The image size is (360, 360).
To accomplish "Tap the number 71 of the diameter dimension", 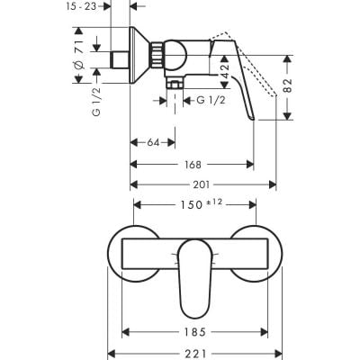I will pos(80,42).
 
